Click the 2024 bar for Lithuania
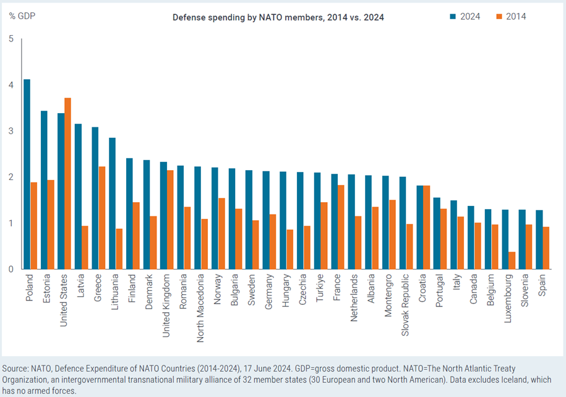(112, 203)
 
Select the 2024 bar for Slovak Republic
(403, 223)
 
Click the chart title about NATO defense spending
(278, 17)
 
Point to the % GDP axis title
(21, 16)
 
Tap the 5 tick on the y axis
(11, 39)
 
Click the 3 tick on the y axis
(11, 131)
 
